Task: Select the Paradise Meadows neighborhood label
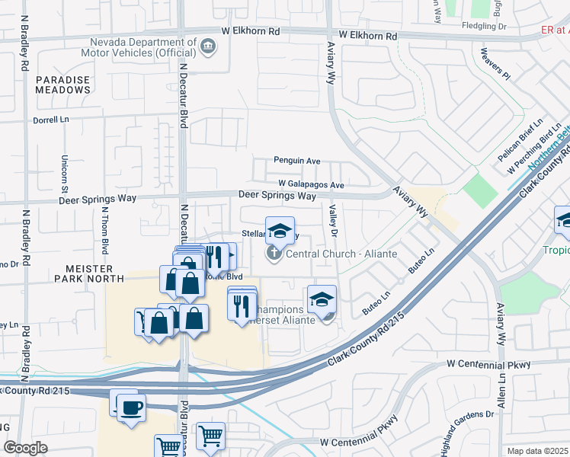[x=62, y=85]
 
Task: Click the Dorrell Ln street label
[x=51, y=120]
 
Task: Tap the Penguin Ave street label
[x=297, y=161]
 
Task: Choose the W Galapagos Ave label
[x=311, y=184]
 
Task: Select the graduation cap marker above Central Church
[x=280, y=231]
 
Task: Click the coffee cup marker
[x=131, y=408]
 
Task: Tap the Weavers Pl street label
[x=495, y=65]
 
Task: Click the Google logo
[x=26, y=448]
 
